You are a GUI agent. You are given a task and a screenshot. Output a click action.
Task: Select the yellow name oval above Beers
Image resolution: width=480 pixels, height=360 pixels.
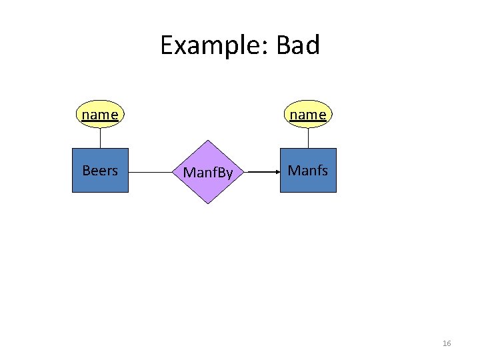100,115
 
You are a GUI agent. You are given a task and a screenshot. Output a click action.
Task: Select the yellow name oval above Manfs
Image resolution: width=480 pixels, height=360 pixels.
308,115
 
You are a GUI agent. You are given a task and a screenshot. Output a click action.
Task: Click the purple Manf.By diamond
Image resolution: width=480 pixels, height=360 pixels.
208,160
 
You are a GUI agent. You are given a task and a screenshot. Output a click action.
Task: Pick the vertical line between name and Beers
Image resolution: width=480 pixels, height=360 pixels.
100,137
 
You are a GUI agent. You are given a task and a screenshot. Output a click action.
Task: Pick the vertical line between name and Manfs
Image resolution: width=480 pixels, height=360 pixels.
308,137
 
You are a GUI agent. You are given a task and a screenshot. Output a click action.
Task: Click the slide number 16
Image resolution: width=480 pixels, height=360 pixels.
447,343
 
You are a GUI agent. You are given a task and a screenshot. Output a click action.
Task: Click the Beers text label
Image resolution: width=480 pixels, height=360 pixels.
100,171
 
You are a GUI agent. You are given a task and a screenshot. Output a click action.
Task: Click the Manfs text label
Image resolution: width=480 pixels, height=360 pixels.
308,171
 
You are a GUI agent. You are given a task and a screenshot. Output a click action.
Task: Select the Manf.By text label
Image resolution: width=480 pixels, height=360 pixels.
208,173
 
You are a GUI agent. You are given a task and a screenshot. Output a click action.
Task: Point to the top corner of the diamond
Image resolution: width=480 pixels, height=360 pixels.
208,141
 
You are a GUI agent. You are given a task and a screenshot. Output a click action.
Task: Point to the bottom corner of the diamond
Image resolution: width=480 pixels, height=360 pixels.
208,203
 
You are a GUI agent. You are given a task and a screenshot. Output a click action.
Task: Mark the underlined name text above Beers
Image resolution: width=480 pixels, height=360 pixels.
100,115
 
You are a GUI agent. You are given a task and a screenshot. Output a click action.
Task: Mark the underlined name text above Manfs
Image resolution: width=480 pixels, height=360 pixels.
308,115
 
